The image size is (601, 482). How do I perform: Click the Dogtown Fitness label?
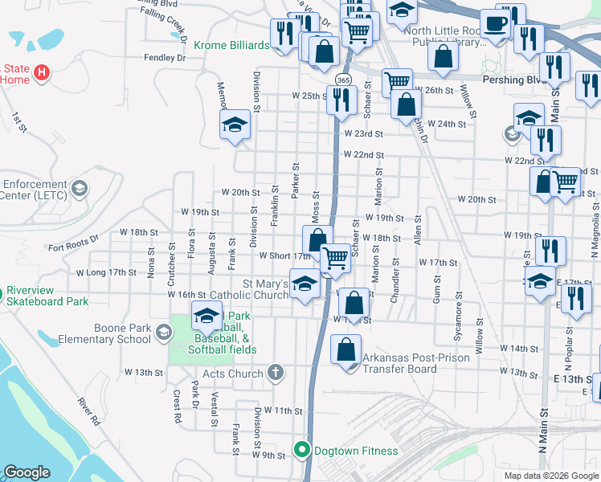355,451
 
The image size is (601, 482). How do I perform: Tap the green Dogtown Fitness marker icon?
302,450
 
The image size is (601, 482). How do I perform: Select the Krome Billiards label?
231,46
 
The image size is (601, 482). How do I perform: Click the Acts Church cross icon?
276,373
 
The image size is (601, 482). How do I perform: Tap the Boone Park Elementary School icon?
163,333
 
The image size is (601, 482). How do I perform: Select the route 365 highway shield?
343,80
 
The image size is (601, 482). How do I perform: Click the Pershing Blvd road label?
514,80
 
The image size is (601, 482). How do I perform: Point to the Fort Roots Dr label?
72,239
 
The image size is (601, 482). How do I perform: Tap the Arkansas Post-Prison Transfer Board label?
399,363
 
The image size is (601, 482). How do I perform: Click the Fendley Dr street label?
164,58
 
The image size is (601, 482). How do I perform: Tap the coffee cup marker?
497,23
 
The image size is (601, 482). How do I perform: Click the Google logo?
27,472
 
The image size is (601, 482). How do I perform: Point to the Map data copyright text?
550,476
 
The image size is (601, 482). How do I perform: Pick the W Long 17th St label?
106,272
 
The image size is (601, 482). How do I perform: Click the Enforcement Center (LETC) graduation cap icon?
79,190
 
